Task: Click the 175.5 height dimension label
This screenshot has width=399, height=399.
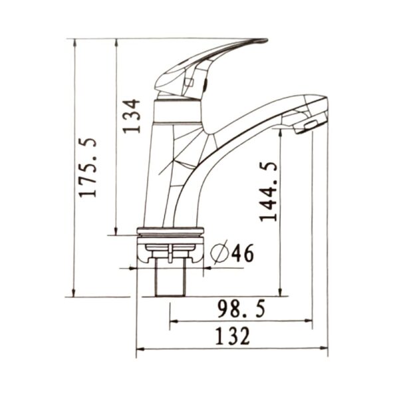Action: tap(88, 167)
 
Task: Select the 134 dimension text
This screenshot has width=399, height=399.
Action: tap(132, 116)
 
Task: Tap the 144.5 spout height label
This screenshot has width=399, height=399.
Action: tap(269, 192)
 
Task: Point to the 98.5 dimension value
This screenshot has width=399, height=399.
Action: tap(241, 309)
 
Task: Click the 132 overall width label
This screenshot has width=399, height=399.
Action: tap(233, 336)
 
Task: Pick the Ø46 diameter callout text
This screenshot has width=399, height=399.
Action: tap(232, 253)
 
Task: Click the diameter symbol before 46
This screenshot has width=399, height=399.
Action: tap(219, 253)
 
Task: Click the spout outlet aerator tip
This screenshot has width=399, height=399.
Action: tap(310, 124)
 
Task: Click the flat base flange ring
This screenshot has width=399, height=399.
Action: tap(170, 232)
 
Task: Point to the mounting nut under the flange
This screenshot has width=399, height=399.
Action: tap(170, 249)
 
